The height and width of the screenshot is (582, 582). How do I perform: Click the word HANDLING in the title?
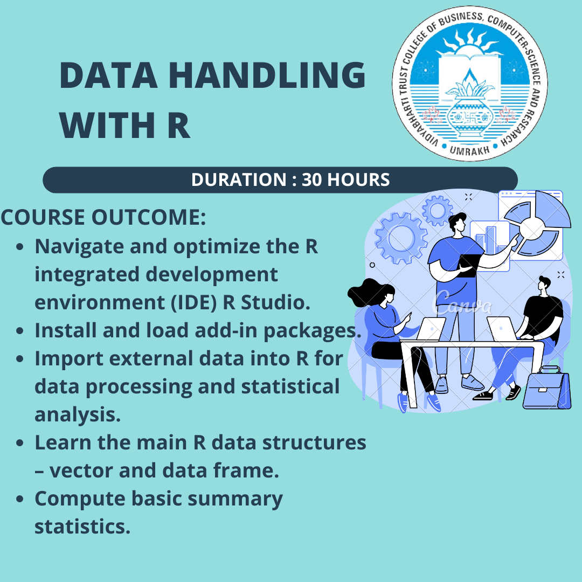(x=267, y=75)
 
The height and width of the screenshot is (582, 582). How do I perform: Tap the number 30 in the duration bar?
(x=311, y=179)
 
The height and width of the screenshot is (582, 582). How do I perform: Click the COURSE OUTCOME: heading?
(x=103, y=217)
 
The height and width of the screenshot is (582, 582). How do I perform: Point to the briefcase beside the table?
(x=547, y=388)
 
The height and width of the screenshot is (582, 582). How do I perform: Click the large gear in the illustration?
(x=401, y=238)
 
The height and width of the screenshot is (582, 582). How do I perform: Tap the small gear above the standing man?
(x=437, y=211)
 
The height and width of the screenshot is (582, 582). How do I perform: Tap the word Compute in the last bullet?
(x=80, y=499)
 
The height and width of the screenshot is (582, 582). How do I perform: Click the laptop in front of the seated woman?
(x=431, y=329)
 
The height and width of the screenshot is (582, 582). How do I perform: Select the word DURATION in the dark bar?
(x=239, y=179)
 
